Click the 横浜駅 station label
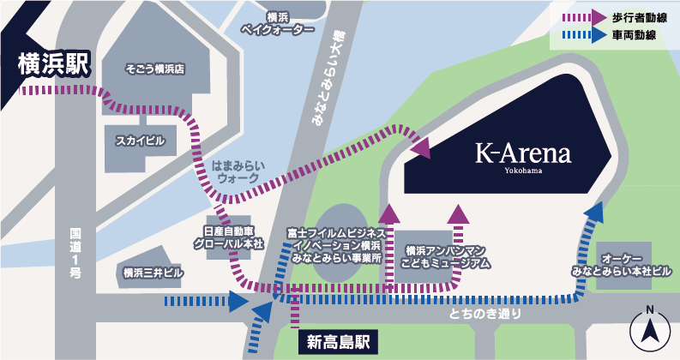(52, 64)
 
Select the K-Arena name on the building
(523, 155)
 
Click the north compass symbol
(650, 329)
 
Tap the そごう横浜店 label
(155, 68)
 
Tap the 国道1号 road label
(75, 253)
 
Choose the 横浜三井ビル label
(153, 273)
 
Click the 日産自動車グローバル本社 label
(233, 237)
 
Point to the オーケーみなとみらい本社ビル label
(624, 263)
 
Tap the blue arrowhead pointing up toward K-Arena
(593, 211)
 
